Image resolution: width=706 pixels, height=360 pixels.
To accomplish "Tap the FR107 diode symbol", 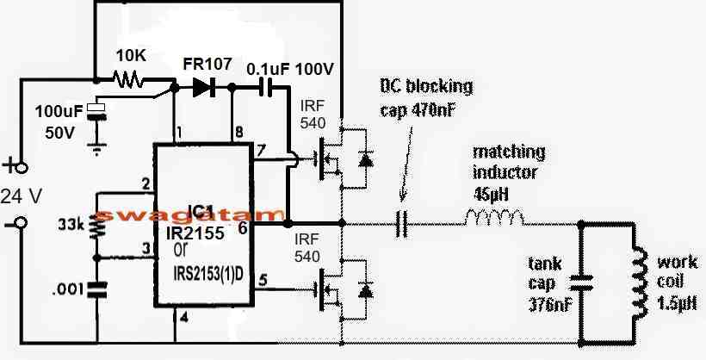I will coord(203,87).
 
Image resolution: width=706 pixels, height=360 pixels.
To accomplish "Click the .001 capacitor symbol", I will coord(96,289).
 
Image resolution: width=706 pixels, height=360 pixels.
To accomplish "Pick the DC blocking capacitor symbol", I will coord(401,225).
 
